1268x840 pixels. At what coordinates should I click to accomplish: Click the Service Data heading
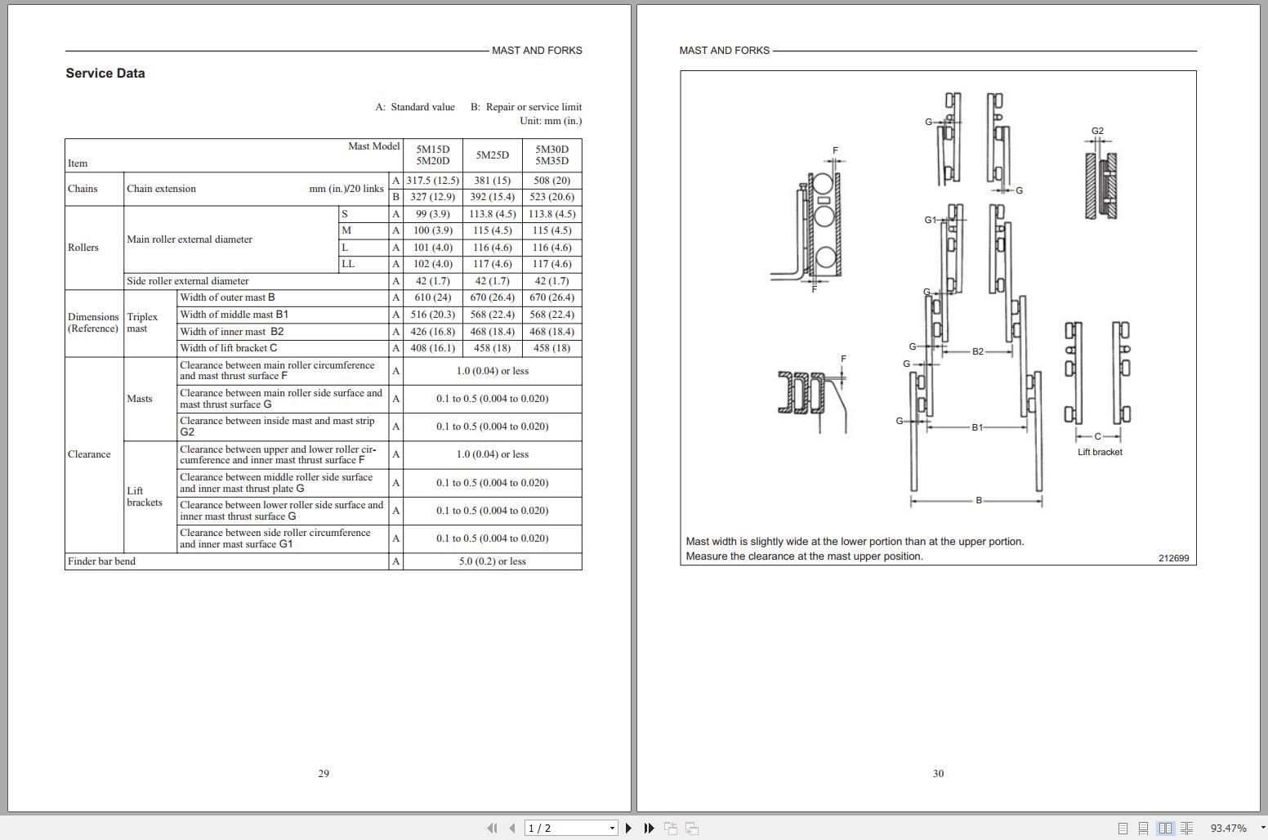105,73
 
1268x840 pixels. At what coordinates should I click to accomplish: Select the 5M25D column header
492,155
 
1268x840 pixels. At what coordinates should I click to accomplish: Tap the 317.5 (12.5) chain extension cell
432,181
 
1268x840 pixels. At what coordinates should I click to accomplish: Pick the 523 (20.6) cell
551,197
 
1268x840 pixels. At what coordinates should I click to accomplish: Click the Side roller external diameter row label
187,281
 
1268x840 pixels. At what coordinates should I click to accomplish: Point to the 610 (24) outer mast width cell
432,297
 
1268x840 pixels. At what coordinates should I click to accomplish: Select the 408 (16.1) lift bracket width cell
432,348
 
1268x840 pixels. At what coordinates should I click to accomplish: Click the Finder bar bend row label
101,561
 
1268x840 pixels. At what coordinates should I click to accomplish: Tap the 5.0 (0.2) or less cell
492,561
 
